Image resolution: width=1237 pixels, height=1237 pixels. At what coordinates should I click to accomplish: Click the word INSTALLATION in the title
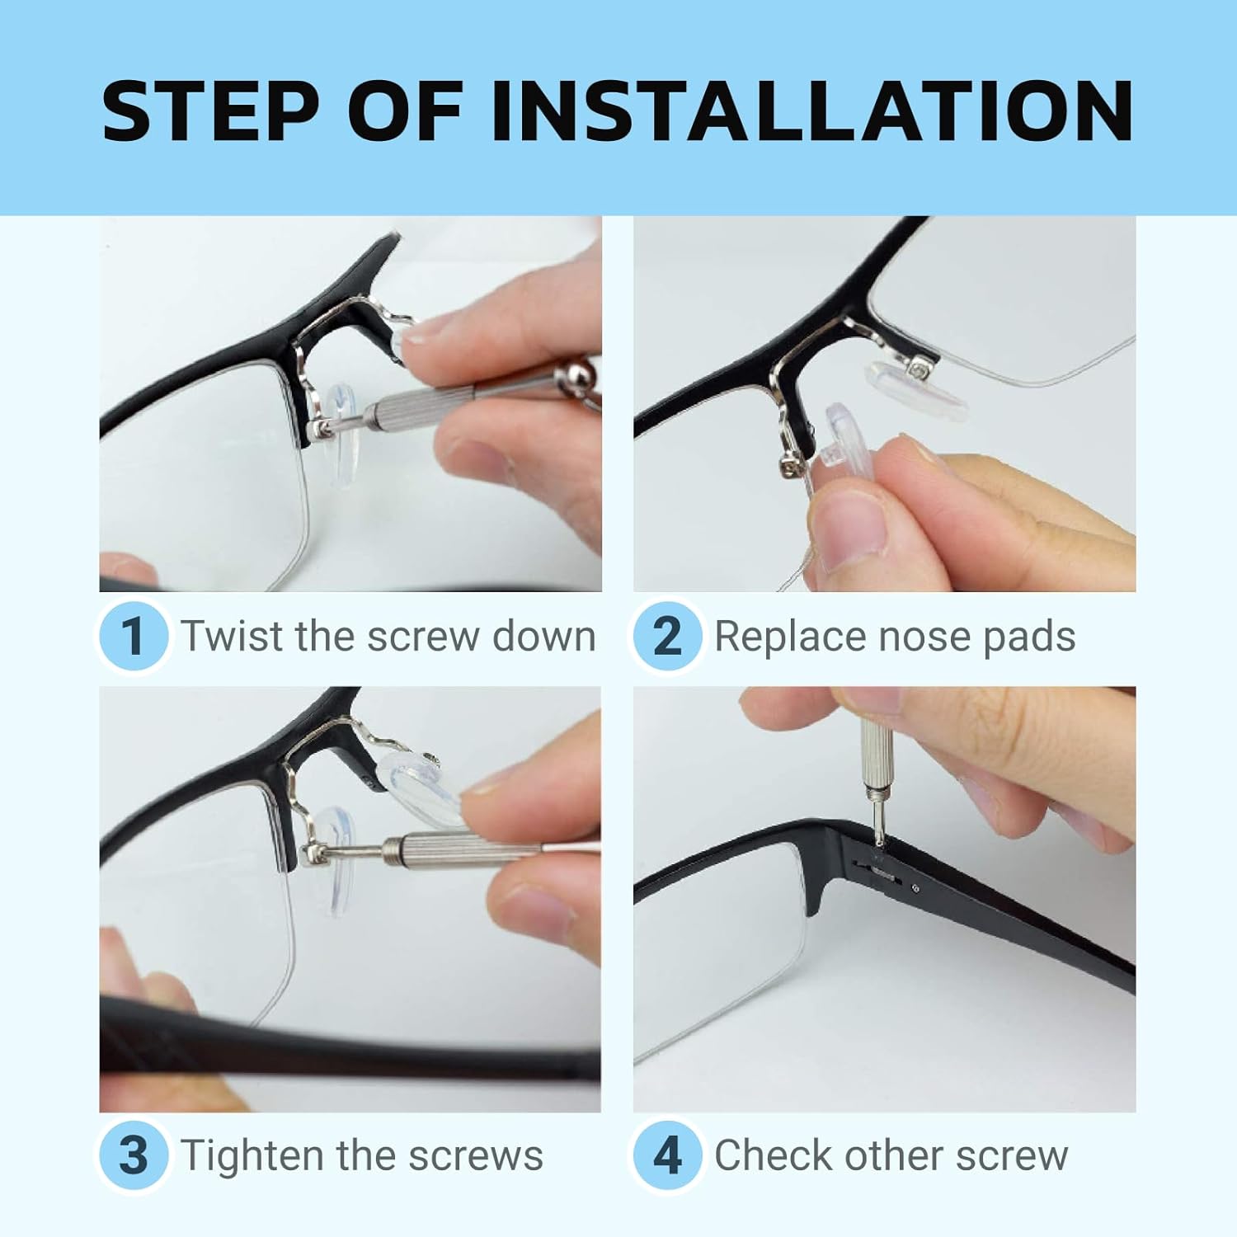812,111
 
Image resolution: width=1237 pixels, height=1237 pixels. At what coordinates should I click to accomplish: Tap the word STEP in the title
211,111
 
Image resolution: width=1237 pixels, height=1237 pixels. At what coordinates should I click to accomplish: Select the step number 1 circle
133,636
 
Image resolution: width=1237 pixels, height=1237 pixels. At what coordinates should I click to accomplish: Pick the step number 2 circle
667,636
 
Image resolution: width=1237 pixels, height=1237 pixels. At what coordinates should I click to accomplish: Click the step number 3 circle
133,1155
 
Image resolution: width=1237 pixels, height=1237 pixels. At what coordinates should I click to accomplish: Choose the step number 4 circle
667,1155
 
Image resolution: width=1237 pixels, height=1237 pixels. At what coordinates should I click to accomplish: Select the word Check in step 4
764,1155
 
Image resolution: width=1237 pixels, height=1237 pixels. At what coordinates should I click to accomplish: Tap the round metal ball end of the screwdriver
576,376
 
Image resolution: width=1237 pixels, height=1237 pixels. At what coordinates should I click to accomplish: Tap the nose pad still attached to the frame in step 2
915,388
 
